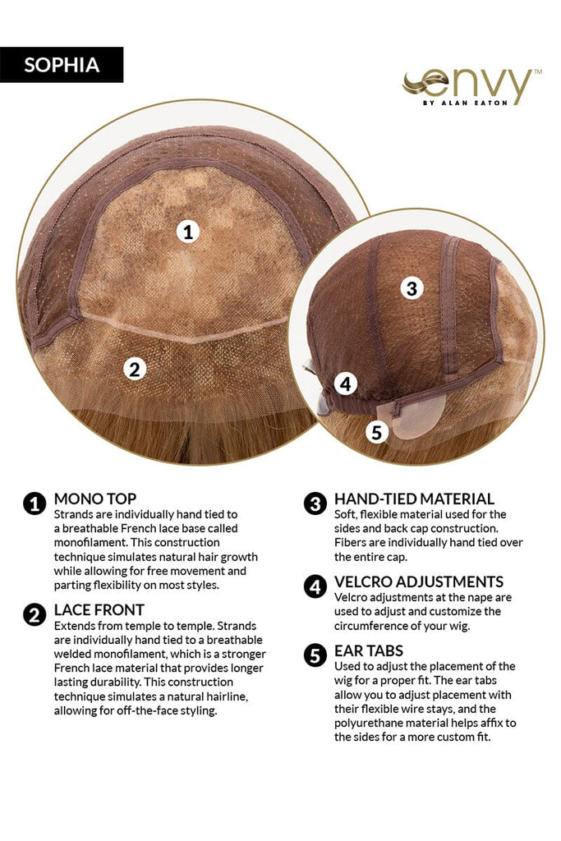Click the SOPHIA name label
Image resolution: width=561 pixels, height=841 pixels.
tap(62, 65)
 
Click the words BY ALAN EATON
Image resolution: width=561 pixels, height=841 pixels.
tap(465, 103)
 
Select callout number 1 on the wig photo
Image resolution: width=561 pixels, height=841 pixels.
tap(188, 232)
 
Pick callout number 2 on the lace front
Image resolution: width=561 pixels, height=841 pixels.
tap(135, 369)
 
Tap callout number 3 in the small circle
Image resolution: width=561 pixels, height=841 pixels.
tap(412, 288)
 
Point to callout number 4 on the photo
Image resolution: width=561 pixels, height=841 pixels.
tap(346, 384)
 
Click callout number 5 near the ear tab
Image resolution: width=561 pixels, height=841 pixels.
tap(376, 432)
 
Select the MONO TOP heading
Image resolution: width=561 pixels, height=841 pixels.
tap(95, 499)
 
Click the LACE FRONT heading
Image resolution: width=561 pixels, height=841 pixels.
tap(99, 610)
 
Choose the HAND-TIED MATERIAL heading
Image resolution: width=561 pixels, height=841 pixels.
tap(414, 499)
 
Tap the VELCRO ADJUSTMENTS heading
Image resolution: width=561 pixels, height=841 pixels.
tap(419, 582)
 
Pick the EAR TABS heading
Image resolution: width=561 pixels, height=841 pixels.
tap(369, 650)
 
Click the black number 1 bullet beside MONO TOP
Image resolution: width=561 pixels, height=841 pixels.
tap(34, 504)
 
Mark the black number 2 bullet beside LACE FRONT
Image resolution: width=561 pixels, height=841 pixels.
tap(34, 614)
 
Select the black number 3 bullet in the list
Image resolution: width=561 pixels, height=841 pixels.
tap(315, 504)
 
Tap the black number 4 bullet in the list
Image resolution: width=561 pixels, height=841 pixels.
tap(315, 586)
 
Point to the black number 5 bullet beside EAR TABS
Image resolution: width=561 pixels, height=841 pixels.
tap(315, 655)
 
